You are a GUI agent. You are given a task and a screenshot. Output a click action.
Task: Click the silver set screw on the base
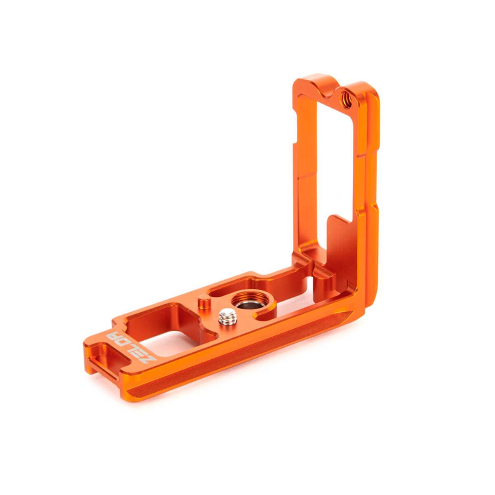(x=226, y=318)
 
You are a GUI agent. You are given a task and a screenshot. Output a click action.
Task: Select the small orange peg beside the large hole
(x=205, y=303)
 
